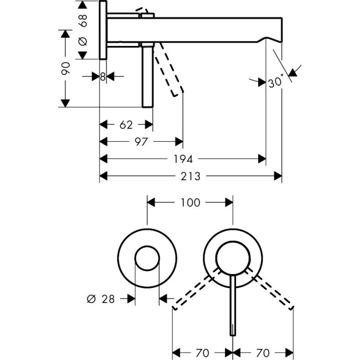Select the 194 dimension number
183,159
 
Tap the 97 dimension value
141,142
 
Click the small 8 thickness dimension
103,77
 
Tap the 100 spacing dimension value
190,203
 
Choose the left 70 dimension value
203,352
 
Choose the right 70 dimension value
263,352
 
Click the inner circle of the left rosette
147,259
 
